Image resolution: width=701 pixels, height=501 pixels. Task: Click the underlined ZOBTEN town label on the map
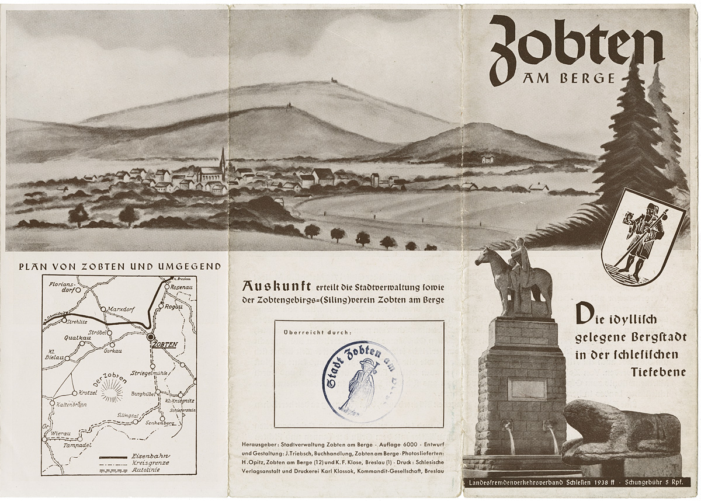coord(164,344)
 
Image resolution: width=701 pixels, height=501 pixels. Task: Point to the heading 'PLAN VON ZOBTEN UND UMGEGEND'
coord(120,266)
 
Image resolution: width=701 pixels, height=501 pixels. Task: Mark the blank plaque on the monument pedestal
coord(527,388)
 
